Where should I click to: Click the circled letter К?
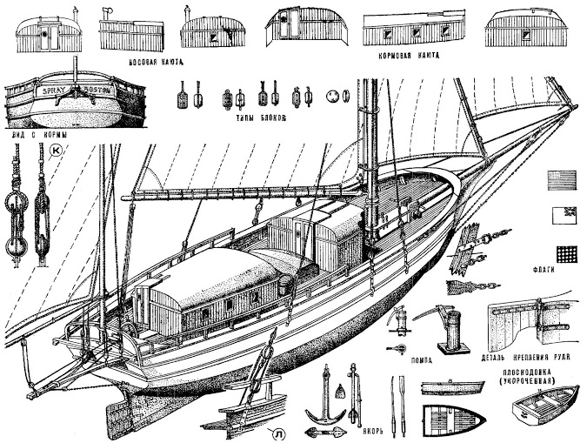(x=57, y=151)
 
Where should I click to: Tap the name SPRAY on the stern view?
(x=46, y=90)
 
